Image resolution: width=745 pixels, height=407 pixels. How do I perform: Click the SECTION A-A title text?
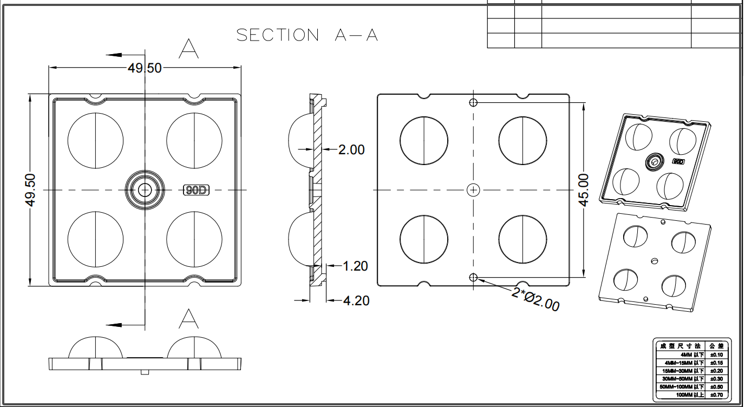click(x=307, y=35)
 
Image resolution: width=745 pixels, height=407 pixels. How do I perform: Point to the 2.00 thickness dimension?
click(x=351, y=150)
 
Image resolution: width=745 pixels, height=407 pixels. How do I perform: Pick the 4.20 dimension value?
click(x=356, y=300)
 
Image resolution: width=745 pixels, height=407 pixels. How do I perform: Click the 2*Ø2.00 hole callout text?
click(x=535, y=299)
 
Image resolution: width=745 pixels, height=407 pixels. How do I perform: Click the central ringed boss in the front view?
click(x=145, y=189)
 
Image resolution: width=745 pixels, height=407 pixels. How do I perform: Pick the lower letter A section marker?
click(x=188, y=319)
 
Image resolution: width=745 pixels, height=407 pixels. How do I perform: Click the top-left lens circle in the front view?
click(x=95, y=140)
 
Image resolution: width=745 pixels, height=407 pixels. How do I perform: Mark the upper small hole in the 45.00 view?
click(x=473, y=102)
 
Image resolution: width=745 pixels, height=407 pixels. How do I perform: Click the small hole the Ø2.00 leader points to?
click(x=473, y=278)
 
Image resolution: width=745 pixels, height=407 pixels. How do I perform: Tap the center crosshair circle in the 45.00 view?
click(x=473, y=189)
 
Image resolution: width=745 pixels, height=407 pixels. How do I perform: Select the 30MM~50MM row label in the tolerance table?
click(x=682, y=379)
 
